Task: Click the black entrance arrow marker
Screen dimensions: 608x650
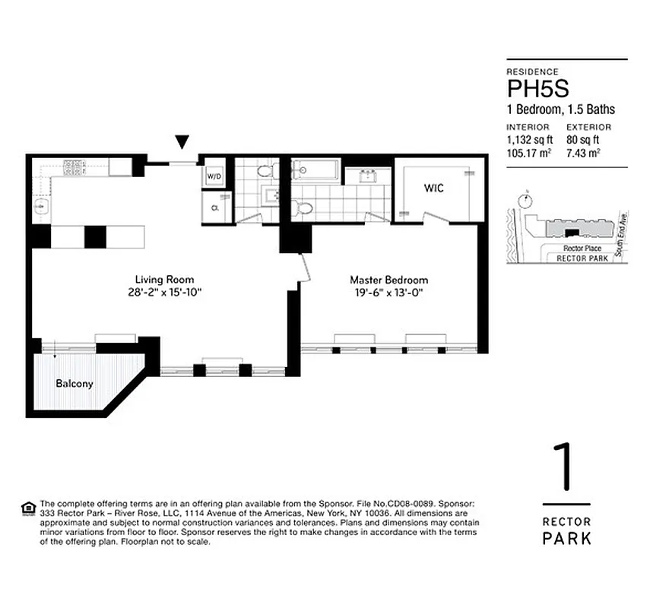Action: point(181,141)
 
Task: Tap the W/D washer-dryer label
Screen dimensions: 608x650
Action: point(214,176)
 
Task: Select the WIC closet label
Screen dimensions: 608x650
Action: point(434,188)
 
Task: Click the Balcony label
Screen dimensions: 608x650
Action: point(75,384)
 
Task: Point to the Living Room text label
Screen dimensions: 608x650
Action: point(165,279)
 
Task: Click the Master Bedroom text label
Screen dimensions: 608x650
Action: point(388,280)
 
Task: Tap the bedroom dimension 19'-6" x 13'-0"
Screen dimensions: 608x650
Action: point(388,293)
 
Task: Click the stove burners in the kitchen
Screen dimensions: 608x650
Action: point(73,167)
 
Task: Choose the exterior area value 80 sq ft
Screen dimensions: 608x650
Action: point(583,140)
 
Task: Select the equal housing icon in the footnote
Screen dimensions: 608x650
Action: point(28,507)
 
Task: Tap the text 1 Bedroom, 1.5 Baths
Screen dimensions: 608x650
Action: point(561,109)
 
